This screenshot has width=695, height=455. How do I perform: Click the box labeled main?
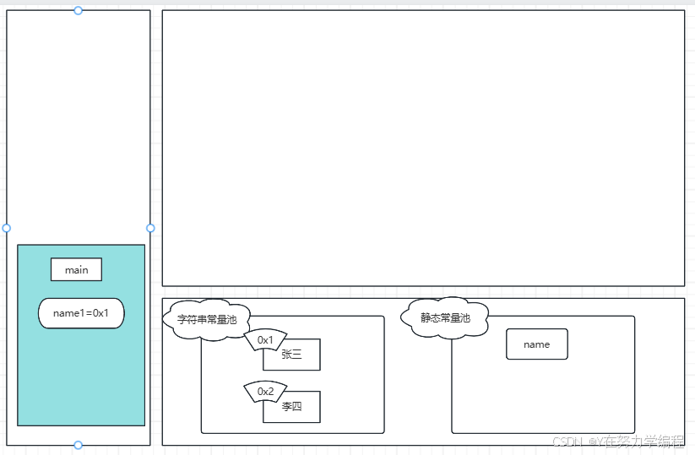76,270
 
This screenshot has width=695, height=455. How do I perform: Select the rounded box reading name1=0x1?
81,313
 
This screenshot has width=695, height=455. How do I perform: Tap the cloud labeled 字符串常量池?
207,320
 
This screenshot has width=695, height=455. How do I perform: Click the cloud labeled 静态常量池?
445,318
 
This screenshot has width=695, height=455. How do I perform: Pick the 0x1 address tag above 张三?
265,340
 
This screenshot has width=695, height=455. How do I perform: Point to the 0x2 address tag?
265,392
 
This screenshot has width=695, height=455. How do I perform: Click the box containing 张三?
292,355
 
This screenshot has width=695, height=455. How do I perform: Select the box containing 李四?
292,407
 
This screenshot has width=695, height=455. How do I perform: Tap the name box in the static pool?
536,344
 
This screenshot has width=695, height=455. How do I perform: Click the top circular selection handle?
79,10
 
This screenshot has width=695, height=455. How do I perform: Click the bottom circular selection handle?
79,445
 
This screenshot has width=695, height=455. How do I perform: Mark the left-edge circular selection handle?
7,228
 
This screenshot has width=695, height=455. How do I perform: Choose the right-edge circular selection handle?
150,228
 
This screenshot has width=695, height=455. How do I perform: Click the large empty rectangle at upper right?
423,148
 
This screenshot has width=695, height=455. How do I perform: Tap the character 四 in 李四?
296,407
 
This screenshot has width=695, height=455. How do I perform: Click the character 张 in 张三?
286,355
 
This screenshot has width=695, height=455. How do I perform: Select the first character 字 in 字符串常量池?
182,320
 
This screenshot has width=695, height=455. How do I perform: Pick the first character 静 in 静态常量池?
426,318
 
